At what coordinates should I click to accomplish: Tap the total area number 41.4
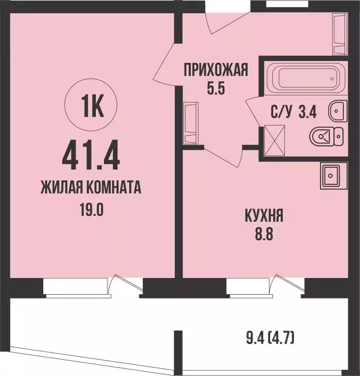(92, 154)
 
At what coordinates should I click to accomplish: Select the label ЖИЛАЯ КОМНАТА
(92, 187)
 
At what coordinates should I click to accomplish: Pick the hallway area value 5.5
(215, 90)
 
